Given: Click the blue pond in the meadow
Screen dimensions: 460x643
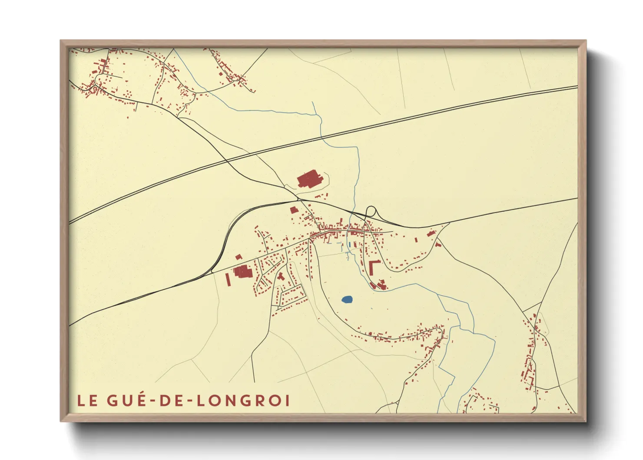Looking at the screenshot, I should point(347,300).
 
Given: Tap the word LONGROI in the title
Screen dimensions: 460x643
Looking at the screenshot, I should point(243,400).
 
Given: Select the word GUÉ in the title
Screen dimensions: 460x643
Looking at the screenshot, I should point(125,400).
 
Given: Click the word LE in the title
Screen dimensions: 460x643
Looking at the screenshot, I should point(87,400).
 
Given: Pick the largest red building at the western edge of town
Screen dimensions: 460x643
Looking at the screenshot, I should point(242,272).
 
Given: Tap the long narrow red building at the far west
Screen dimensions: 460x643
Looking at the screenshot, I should point(228,279).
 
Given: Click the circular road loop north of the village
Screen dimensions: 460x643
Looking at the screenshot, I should point(371,211).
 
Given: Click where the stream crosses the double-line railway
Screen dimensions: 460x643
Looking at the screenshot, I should point(322,137).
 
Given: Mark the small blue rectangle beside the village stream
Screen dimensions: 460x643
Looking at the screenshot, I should point(349,245).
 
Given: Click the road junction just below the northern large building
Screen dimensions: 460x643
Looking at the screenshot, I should point(299,198).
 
